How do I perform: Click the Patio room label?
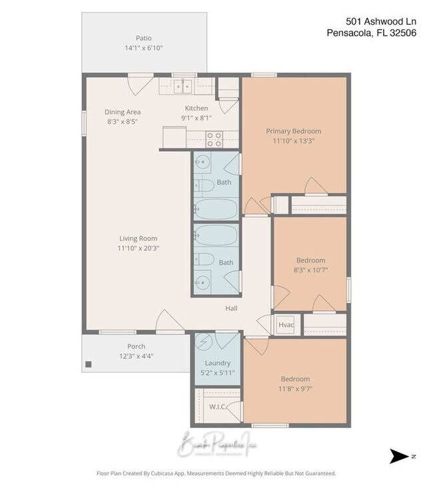click(x=143, y=38)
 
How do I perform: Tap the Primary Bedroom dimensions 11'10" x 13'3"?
click(x=293, y=141)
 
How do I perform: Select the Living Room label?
click(x=138, y=238)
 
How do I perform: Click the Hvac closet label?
click(x=286, y=324)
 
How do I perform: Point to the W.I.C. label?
click(x=217, y=406)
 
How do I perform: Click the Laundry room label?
click(x=217, y=363)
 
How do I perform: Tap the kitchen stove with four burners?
click(x=215, y=139)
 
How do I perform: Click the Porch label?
click(x=136, y=346)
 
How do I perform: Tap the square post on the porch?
click(x=88, y=364)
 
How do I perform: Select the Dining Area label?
click(x=123, y=112)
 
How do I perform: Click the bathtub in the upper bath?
click(x=216, y=208)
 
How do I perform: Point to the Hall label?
click(x=231, y=308)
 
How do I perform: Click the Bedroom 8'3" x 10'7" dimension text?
click(x=310, y=270)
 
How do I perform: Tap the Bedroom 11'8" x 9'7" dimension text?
click(x=294, y=389)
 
